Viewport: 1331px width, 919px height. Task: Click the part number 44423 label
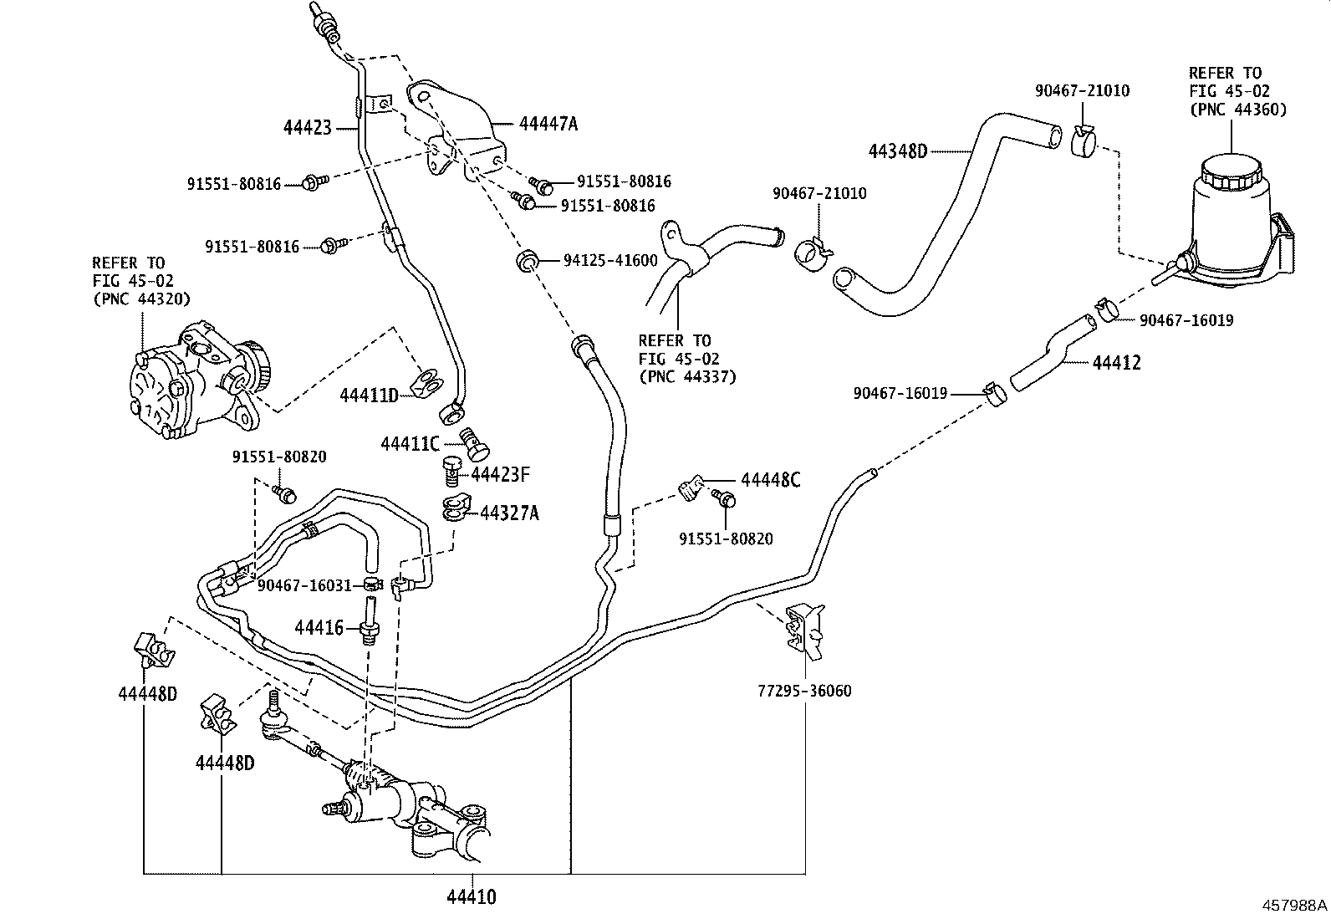[x=307, y=128]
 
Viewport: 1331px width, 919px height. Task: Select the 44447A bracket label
[x=548, y=125]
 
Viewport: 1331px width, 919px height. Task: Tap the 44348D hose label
[x=898, y=151]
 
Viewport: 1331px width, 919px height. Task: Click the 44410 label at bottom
[x=472, y=897]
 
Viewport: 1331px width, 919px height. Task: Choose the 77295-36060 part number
[x=804, y=691]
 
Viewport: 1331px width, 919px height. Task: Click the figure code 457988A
[x=1294, y=905]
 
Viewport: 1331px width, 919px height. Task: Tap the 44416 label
[x=319, y=626]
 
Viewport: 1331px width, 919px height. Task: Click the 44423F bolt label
[x=500, y=475]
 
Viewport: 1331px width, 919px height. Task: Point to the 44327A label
[x=509, y=513]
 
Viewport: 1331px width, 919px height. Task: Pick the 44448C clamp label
[x=770, y=480]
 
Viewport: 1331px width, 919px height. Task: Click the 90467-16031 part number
[x=304, y=585]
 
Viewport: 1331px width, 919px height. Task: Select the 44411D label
[x=369, y=395]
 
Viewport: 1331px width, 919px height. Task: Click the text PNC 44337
[x=687, y=376]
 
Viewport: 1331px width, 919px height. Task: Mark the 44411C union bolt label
[x=410, y=443]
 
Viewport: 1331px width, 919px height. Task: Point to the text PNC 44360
[x=1237, y=110]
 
